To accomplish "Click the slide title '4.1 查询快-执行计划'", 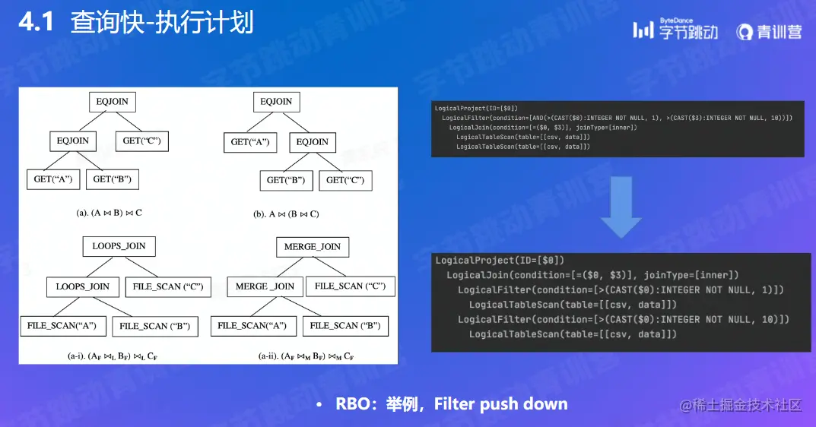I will [135, 23].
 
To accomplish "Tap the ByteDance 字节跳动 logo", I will [675, 30].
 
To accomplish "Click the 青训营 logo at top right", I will [769, 31].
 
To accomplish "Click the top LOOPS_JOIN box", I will [119, 246].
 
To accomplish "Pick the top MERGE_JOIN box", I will [312, 247].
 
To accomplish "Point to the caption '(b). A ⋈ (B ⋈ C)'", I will [286, 214].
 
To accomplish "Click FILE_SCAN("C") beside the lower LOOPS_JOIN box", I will [167, 286].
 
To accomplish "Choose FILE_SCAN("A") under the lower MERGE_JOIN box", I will [252, 326].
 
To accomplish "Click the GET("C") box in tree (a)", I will [141, 141].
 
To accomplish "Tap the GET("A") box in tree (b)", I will [250, 142].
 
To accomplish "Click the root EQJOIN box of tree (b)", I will [276, 102].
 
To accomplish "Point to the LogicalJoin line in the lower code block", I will [592, 274].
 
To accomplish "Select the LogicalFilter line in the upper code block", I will [617, 118].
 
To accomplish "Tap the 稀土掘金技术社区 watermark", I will [741, 405].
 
